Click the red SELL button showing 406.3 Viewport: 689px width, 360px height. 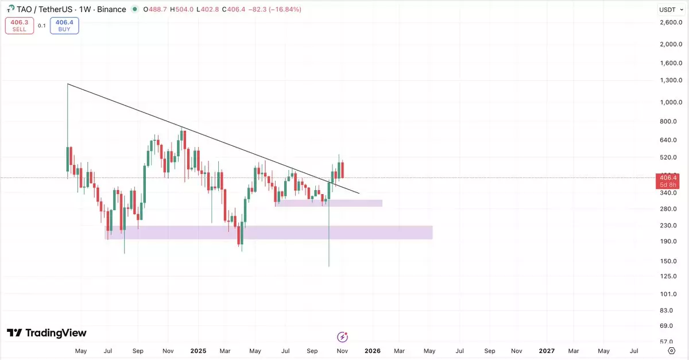(19, 26)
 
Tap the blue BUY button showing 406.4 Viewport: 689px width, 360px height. (64, 26)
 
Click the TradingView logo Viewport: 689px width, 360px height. (47, 333)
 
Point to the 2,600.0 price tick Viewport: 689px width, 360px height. (671, 22)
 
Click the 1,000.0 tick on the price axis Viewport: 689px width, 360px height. (671, 103)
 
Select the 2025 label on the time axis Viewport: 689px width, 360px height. (198, 351)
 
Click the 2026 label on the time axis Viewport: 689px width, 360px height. (372, 351)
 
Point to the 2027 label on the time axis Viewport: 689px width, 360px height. (547, 351)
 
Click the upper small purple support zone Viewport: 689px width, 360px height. (328, 203)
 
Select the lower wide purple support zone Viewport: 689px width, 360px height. (268, 233)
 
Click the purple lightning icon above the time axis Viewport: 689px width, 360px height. (343, 337)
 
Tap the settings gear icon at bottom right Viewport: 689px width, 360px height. (671, 351)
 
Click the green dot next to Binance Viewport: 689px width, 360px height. (134, 10)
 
